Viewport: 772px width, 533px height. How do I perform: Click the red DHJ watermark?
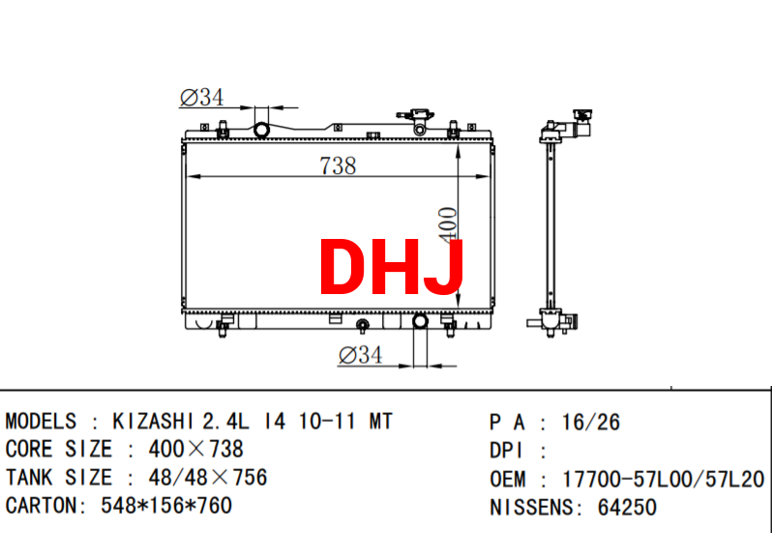(x=392, y=267)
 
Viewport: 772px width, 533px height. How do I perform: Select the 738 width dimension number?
(x=338, y=165)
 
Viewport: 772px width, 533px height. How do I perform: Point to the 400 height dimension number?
(x=448, y=225)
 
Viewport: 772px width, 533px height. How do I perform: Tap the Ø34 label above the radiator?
(x=202, y=98)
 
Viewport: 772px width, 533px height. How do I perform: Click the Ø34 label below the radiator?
(x=361, y=355)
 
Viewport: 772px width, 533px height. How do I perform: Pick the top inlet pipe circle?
(x=261, y=131)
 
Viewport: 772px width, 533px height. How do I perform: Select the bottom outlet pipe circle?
(x=420, y=321)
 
